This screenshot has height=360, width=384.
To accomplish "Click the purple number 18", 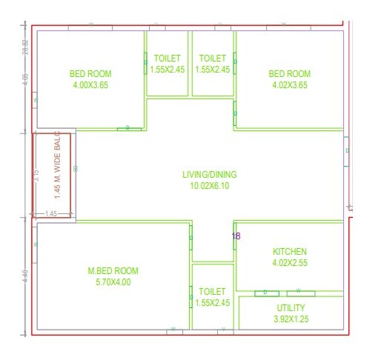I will click(x=236, y=236).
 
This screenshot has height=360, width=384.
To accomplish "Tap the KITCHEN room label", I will click(x=289, y=252).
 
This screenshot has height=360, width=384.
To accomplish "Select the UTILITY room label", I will click(x=291, y=307).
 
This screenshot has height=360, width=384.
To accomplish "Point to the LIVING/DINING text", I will click(x=210, y=175).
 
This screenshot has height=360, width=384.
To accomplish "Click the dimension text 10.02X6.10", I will click(x=210, y=186).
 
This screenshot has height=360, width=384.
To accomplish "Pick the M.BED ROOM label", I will click(x=113, y=271).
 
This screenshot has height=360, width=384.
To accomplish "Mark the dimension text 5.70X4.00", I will click(x=113, y=281).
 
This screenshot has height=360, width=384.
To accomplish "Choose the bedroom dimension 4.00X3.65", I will click(x=90, y=85).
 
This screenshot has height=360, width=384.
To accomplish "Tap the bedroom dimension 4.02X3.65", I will click(x=289, y=85).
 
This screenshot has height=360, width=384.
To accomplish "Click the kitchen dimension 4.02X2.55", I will click(x=289, y=262).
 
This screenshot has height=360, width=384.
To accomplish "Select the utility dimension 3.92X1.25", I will click(x=291, y=319).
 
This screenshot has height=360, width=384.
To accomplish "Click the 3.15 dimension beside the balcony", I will click(x=35, y=176).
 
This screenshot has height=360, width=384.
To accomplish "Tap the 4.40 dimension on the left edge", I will click(x=25, y=281).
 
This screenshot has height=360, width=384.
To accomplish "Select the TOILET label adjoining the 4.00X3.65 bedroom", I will click(x=167, y=58).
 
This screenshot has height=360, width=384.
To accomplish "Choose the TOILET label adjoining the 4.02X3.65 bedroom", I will click(x=212, y=58).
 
